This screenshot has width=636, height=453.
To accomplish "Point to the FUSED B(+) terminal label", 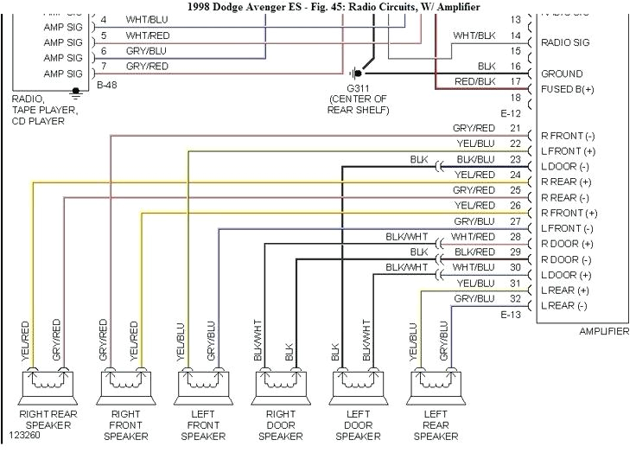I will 567,90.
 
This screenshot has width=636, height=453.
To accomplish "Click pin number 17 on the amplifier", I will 516,83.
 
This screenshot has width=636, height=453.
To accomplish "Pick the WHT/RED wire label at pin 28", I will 473,237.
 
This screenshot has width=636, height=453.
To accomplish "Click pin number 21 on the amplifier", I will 516,129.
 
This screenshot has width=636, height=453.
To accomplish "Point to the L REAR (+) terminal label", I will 566,290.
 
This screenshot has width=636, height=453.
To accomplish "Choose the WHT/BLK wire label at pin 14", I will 474,35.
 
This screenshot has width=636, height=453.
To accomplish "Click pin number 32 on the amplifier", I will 516,299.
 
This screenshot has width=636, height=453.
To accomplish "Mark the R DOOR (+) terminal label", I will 566,244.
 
